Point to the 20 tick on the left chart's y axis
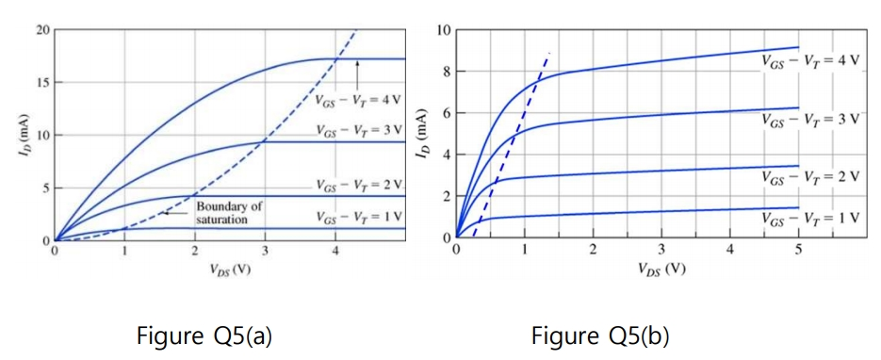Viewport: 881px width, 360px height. pos(42,30)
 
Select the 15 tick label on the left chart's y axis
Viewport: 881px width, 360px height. pos(42,83)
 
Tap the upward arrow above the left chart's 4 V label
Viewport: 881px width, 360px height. pos(358,74)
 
